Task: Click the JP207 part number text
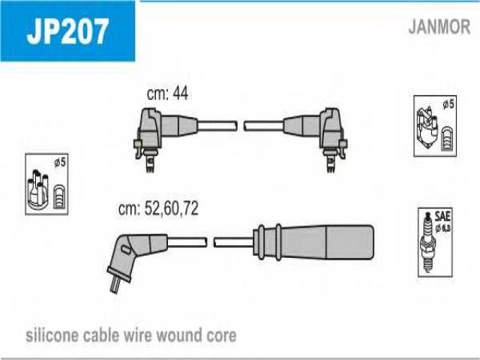pyautogui.click(x=67, y=31)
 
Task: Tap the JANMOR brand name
pyautogui.click(x=439, y=27)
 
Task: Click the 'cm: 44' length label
pyautogui.click(x=167, y=93)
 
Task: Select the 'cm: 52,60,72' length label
pyautogui.click(x=158, y=208)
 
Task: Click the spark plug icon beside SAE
pyautogui.click(x=427, y=242)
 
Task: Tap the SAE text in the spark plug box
pyautogui.click(x=442, y=217)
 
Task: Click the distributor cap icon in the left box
pyautogui.click(x=37, y=190)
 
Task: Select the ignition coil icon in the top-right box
pyautogui.click(x=427, y=127)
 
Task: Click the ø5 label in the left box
pyautogui.click(x=60, y=162)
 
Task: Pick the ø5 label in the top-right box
pyautogui.click(x=448, y=104)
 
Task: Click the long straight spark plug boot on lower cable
pyautogui.click(x=313, y=242)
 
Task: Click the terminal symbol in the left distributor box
pyautogui.click(x=58, y=197)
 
